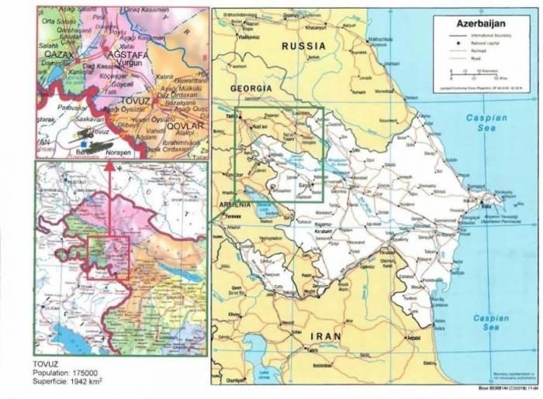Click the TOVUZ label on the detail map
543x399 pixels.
122,101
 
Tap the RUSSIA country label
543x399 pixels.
304,46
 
